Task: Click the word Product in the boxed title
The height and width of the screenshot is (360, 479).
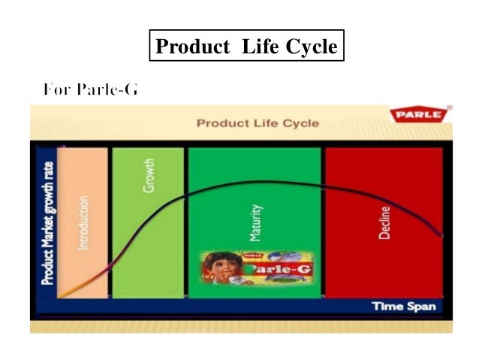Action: (191, 47)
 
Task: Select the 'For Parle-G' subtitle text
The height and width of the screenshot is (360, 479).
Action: (90, 90)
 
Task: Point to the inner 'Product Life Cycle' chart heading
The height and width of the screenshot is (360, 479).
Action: (258, 123)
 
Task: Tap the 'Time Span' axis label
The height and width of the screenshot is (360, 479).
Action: (402, 307)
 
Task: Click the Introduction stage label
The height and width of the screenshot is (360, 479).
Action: (83, 223)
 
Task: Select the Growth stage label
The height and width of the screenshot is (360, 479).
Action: (149, 174)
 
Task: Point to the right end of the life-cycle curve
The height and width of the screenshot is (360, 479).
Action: (441, 236)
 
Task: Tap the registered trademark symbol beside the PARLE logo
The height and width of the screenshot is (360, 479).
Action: (449, 108)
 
